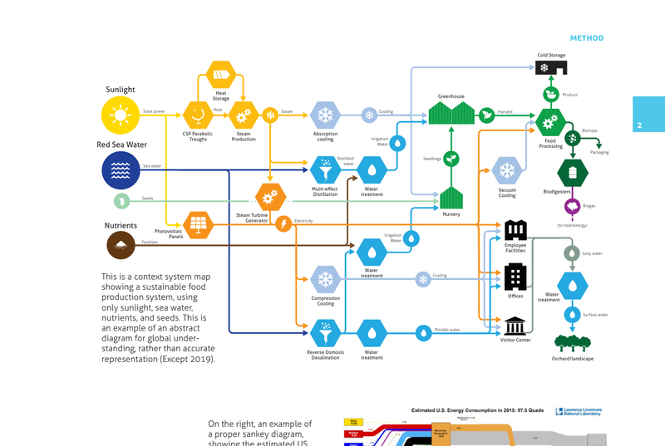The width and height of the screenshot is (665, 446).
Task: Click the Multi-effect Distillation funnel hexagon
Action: click(324, 170)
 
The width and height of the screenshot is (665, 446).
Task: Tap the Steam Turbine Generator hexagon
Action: click(268, 198)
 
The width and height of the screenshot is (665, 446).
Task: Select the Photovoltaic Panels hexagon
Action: click(197, 223)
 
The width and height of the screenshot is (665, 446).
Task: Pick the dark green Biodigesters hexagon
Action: click(573, 173)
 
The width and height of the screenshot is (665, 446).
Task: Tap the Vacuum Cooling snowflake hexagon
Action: click(506, 172)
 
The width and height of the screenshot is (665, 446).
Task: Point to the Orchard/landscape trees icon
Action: click(571, 343)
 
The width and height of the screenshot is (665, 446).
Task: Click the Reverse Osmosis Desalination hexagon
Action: click(325, 332)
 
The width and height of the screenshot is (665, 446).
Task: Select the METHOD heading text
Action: click(586, 38)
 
